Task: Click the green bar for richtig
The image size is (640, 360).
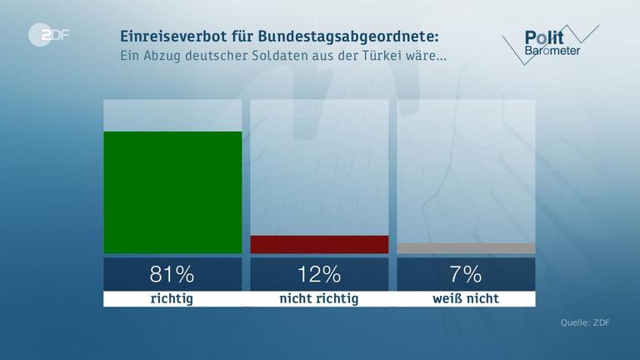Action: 172,192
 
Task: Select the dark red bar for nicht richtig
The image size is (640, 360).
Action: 319,244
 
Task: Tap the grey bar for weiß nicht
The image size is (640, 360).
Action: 466,248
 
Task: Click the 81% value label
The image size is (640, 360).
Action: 172,273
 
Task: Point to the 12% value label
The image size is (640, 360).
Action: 319,273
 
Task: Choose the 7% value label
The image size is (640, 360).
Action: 466,273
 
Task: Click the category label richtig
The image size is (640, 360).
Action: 172,298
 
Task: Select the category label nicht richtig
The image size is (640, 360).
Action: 319,298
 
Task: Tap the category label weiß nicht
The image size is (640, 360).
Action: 466,298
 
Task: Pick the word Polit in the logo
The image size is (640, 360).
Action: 543,37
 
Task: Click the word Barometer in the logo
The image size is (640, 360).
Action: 552,52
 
